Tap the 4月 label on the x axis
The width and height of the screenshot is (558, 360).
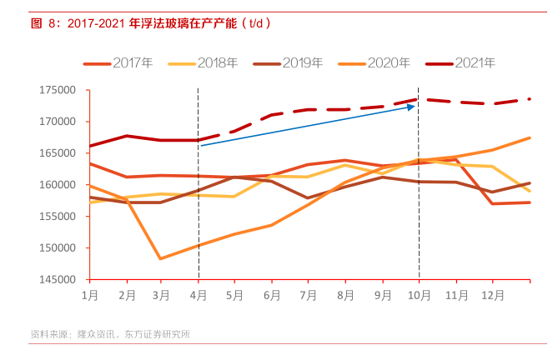(x=198, y=295)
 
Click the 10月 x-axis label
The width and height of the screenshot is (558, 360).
(x=419, y=295)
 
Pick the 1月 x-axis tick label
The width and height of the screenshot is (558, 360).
(x=89, y=295)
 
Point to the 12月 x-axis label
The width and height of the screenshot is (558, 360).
(x=493, y=295)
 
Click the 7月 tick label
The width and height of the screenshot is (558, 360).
(x=309, y=295)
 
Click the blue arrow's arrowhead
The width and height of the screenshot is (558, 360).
(x=411, y=106)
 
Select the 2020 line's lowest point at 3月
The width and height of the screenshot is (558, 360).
(x=161, y=258)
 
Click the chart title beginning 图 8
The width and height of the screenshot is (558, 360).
(x=150, y=23)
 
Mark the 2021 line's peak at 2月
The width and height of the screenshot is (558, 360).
(x=126, y=136)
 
